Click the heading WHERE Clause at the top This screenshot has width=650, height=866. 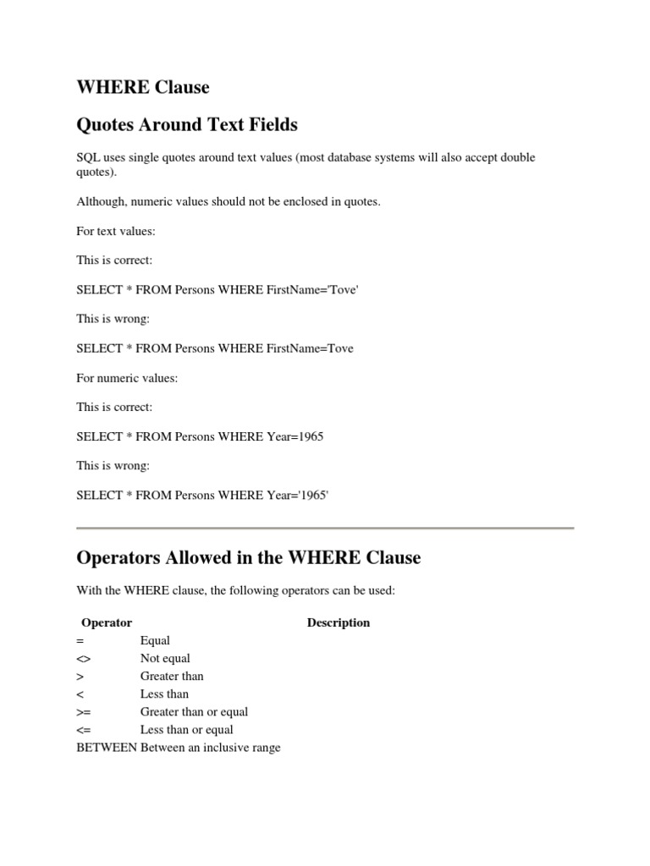pos(142,87)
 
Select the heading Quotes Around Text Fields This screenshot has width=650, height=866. pos(187,125)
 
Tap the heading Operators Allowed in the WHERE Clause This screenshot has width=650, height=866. pos(248,558)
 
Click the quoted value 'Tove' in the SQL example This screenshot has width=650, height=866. pos(343,289)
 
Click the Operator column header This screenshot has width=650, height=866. pos(107,622)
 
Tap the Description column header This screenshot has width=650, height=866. pos(339,622)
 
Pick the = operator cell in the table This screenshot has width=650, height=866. pos(80,641)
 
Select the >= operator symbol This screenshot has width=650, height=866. pos(83,712)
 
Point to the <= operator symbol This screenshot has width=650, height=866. pos(83,730)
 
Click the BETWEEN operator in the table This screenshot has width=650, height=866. pos(107,748)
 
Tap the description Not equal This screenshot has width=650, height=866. pos(165,659)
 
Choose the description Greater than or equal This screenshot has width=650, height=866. pos(194,712)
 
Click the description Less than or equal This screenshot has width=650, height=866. pos(186,730)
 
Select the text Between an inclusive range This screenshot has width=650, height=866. pos(211,748)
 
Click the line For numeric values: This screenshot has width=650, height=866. pos(127,378)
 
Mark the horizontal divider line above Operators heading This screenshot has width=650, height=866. pos(325,529)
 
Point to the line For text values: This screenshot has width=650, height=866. pos(116,231)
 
